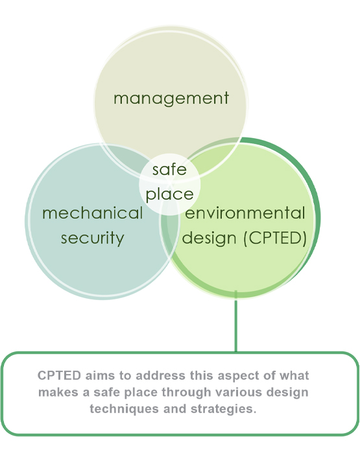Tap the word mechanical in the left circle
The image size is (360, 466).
(93, 213)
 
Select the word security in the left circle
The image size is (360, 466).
(93, 239)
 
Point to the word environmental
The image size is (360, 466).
(245, 213)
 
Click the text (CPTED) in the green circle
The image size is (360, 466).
(275, 238)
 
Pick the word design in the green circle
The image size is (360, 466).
(209, 238)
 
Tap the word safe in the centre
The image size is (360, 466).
(169, 170)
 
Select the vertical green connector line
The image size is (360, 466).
(236, 321)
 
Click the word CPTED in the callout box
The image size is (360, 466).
(59, 375)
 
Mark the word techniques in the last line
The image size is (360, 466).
(125, 409)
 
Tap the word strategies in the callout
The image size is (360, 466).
(223, 410)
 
